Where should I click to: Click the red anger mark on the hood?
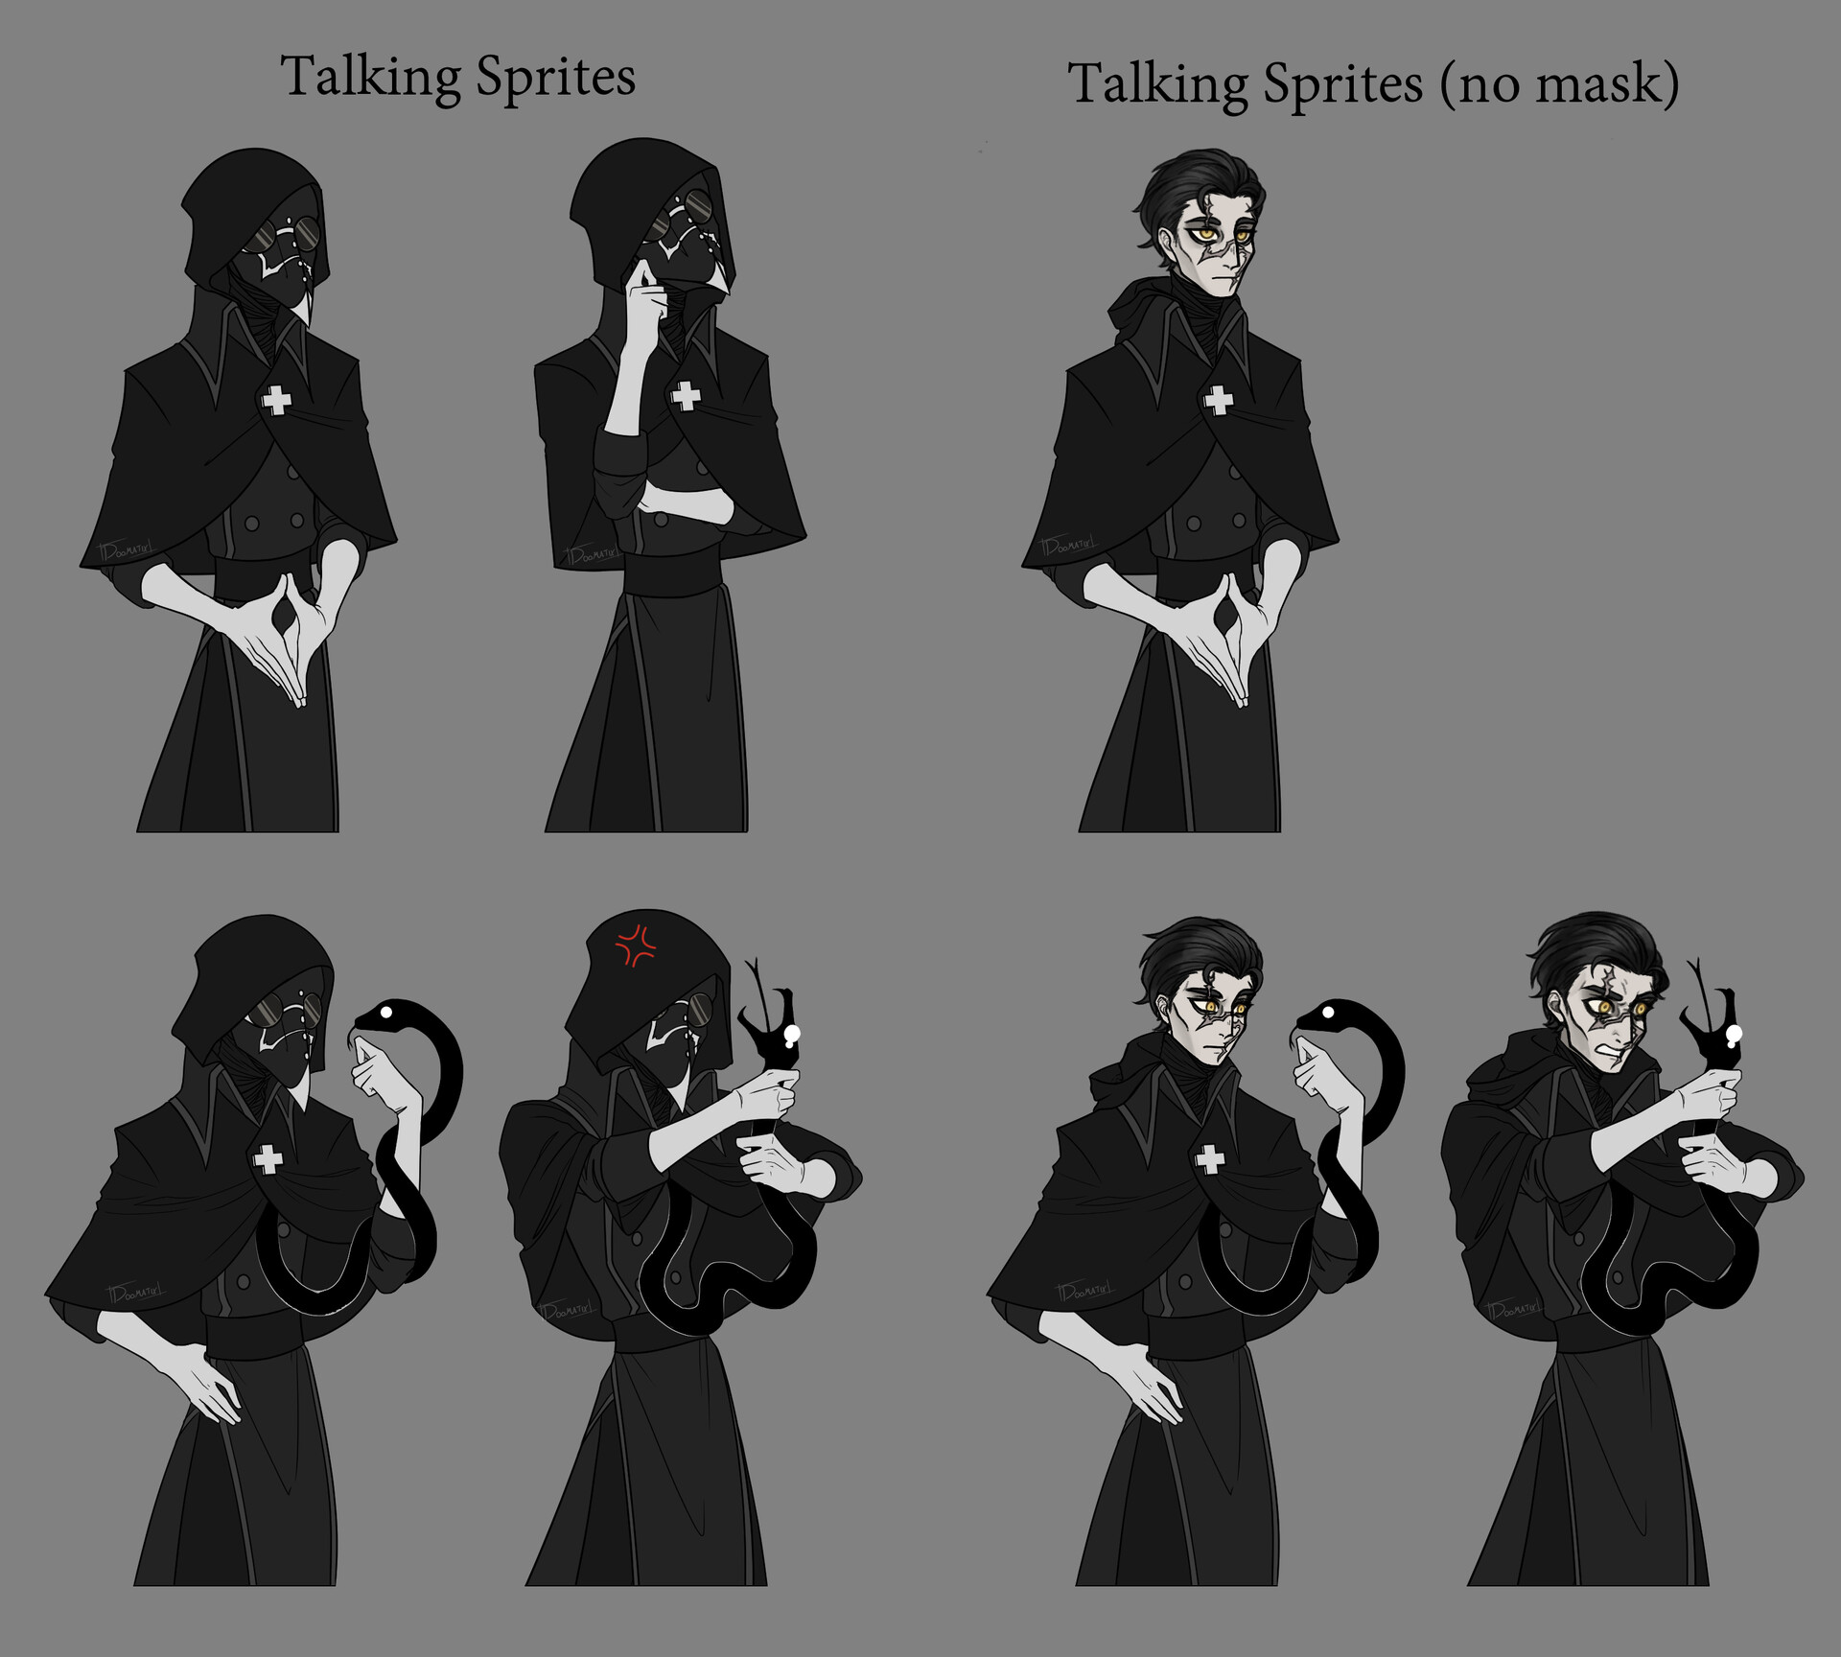point(635,945)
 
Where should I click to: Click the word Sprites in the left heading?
point(555,78)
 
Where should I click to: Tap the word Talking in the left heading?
point(370,78)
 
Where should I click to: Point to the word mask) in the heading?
point(1607,84)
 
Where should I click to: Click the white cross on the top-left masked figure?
point(277,400)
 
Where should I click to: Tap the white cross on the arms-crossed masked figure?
point(685,395)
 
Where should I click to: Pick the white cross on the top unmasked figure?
point(1219,400)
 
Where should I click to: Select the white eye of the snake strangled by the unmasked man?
point(1734,1033)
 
